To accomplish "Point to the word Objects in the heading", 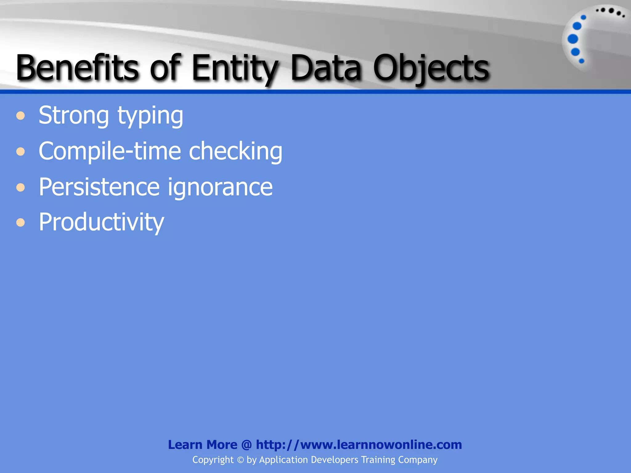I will tap(431, 68).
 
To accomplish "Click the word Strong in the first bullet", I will tap(74, 116).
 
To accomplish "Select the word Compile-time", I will tap(110, 151).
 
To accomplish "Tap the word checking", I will tap(235, 152).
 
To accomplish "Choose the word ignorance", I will tap(220, 188).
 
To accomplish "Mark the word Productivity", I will tap(101, 222).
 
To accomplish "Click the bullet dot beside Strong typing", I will tap(21, 116).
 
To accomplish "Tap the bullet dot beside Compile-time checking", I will tap(21, 152).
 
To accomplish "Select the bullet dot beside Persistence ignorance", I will tap(21, 187).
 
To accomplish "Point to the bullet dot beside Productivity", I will tap(21, 222).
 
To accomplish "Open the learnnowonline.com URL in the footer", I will tap(359, 445).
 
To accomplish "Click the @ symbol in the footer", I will tap(246, 445).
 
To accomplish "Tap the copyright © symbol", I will tap(240, 460).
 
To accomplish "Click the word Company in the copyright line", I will tap(417, 460).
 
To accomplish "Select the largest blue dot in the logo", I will tap(573, 39).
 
